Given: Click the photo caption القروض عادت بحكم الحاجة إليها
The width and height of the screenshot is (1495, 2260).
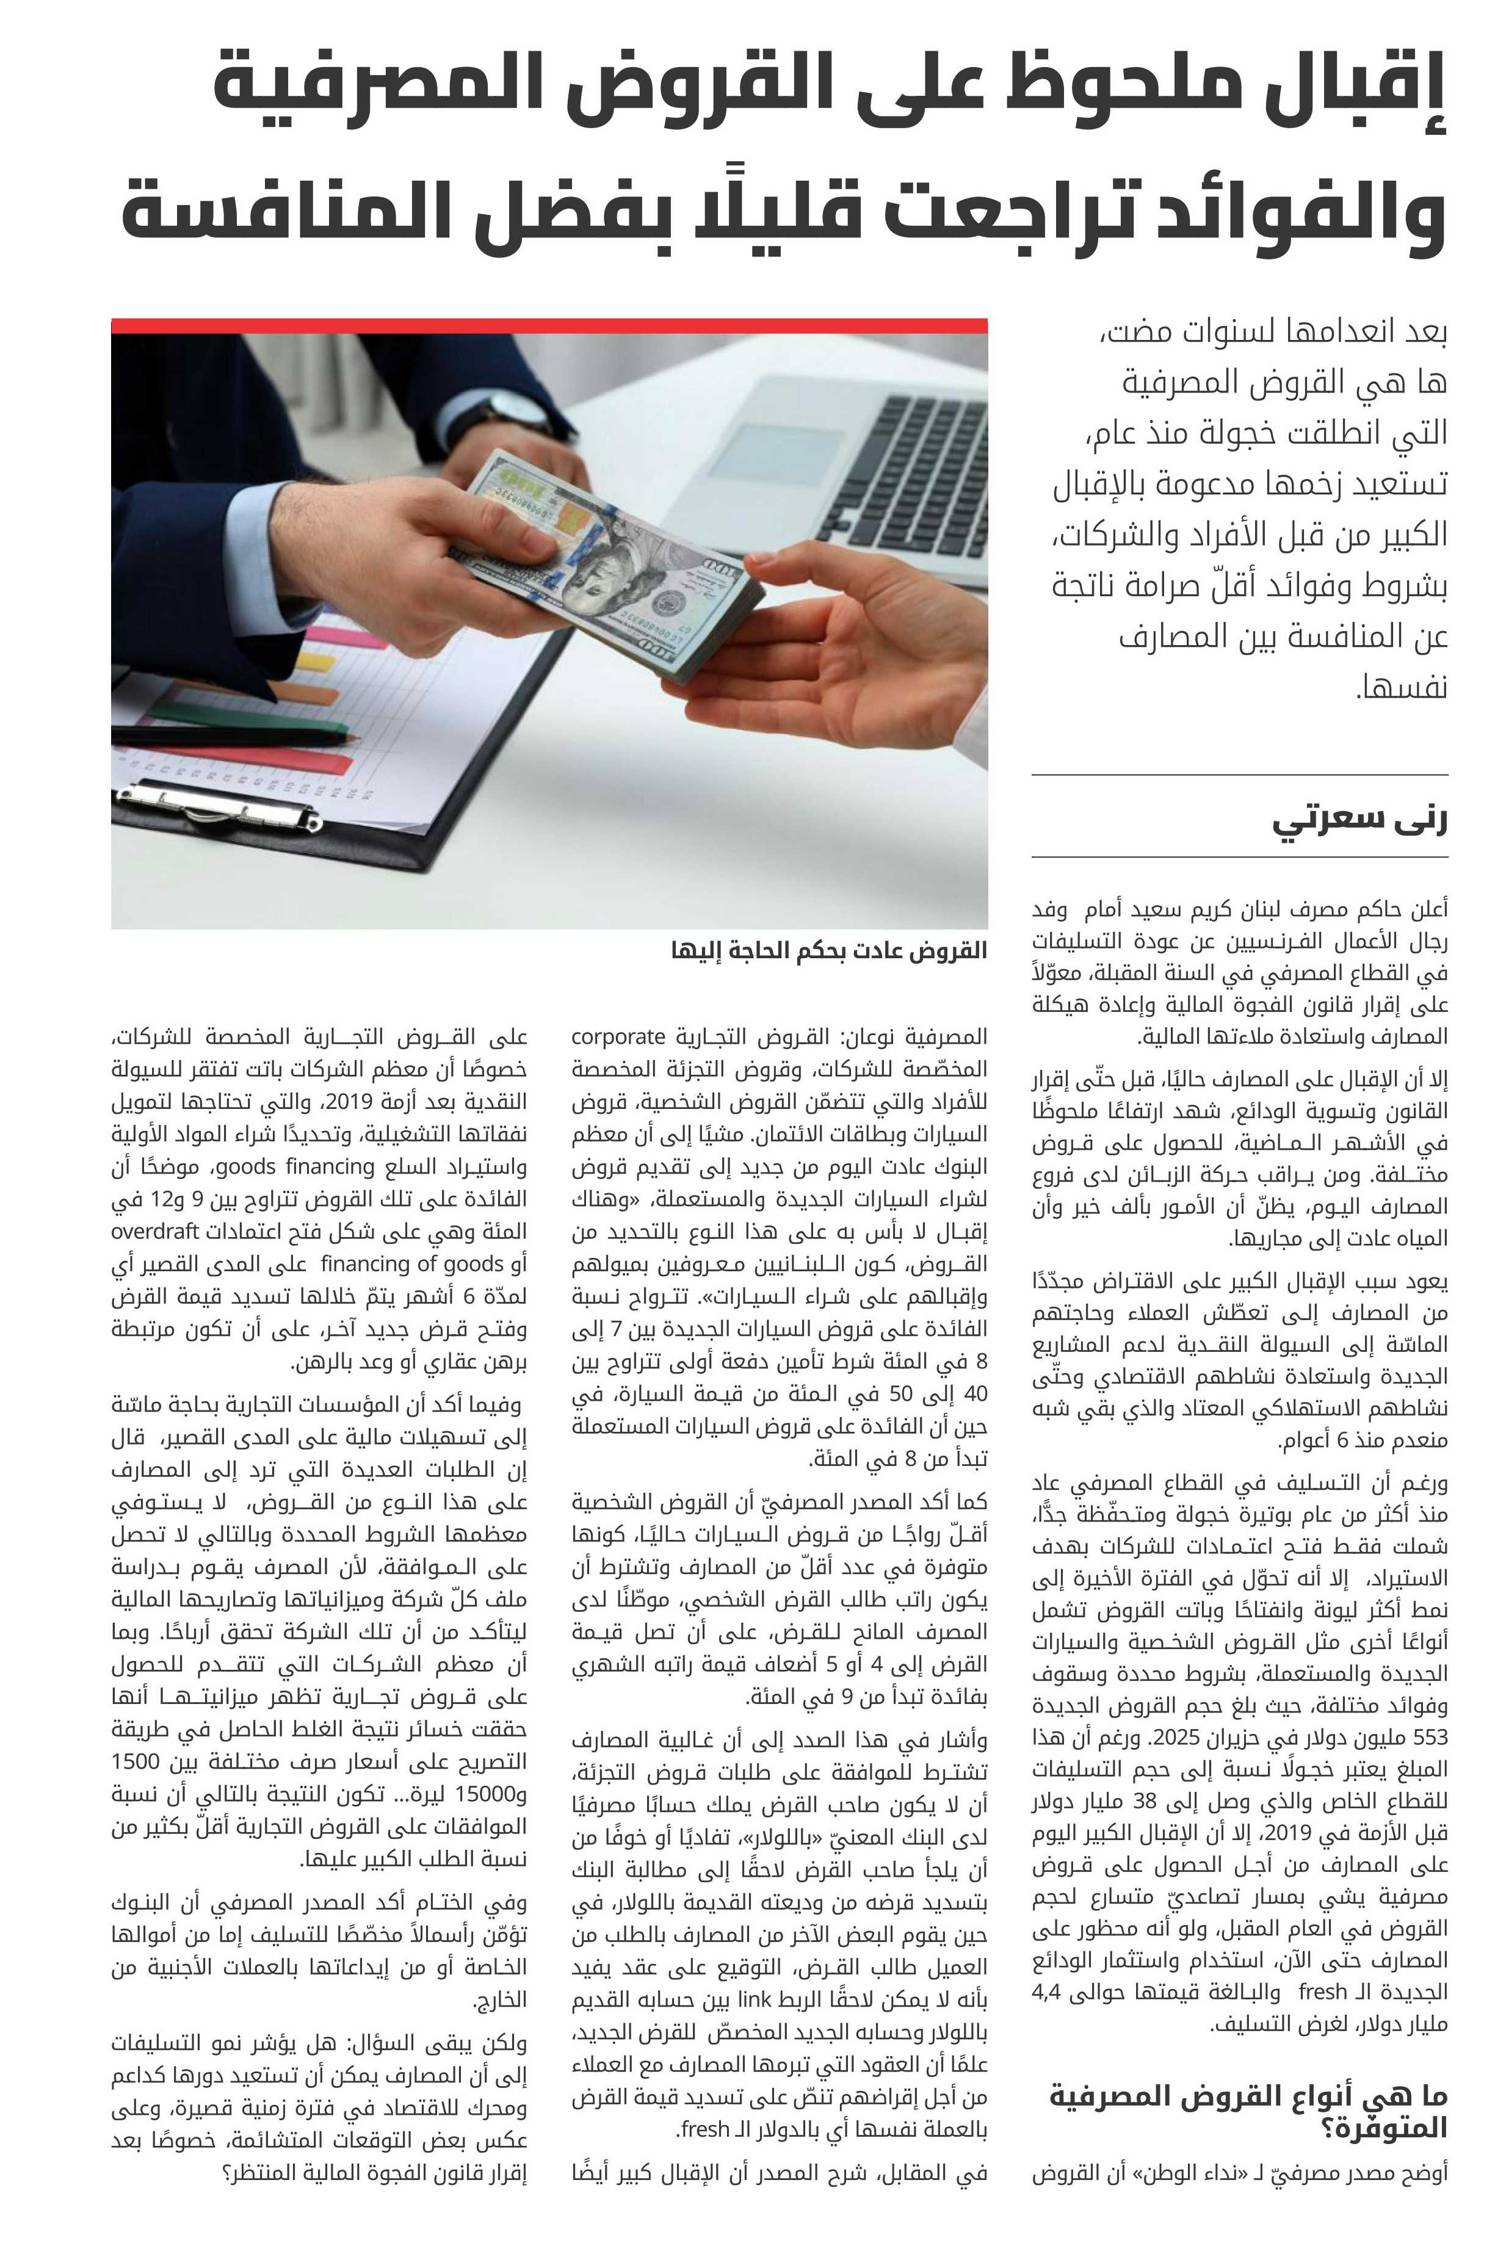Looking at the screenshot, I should [828, 951].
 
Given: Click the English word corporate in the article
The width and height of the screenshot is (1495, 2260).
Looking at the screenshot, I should [618, 1036].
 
